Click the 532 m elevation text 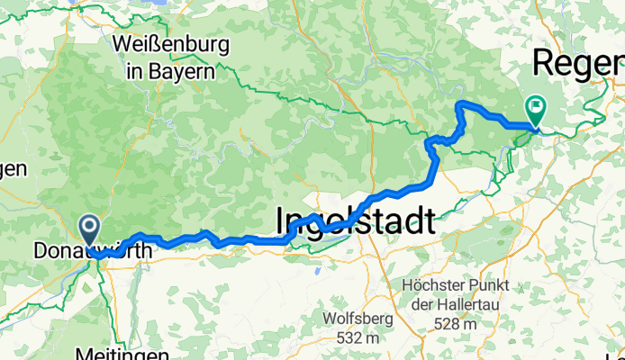[358, 338]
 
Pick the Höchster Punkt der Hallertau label [454, 296]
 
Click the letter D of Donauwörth [40, 251]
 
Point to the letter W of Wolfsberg [331, 319]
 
